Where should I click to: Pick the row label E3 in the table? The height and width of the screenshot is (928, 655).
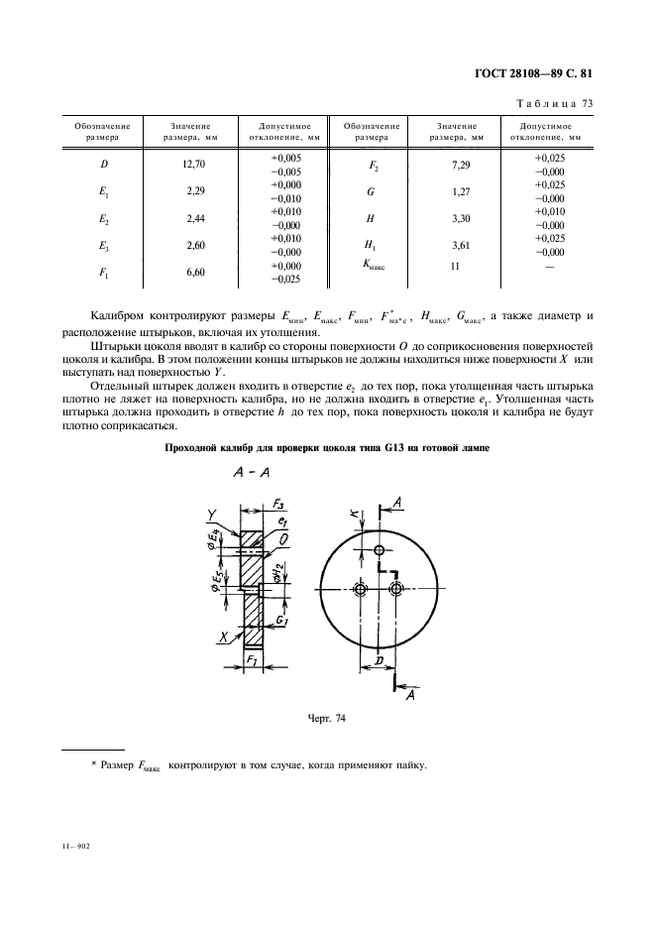pos(103,245)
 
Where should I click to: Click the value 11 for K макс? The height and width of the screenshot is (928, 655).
pos(457,267)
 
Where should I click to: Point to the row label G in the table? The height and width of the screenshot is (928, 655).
pos(370,191)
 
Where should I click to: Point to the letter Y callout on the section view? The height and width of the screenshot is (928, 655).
pos(213,513)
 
